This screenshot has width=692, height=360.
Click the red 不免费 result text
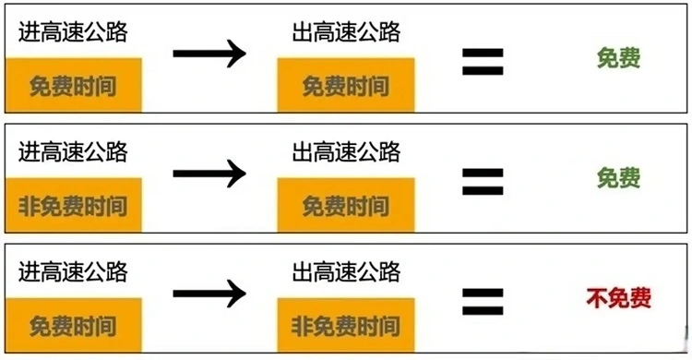618,298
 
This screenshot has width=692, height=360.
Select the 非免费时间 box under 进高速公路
74,206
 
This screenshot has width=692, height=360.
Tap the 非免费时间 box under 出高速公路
346,326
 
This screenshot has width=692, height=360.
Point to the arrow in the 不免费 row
209,294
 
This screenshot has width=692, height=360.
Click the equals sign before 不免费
483,302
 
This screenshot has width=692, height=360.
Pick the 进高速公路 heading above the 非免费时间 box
73,151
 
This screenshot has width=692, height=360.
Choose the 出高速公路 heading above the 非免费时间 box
346,271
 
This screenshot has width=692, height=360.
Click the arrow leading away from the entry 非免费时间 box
209,174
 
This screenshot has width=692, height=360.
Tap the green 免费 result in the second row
619,178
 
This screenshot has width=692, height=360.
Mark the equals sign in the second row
483,182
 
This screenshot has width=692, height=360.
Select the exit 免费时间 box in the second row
346,206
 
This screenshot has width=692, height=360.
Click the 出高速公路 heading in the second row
346,151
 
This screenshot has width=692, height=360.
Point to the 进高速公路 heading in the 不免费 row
73,271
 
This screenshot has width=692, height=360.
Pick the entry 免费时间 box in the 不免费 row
74,326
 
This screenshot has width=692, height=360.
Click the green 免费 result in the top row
619,58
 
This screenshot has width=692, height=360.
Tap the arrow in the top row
209,54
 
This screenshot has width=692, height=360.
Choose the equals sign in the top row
483,62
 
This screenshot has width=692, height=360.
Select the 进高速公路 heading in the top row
73,31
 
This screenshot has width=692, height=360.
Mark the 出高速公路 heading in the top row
346,31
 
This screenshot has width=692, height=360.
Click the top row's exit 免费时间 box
346,85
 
